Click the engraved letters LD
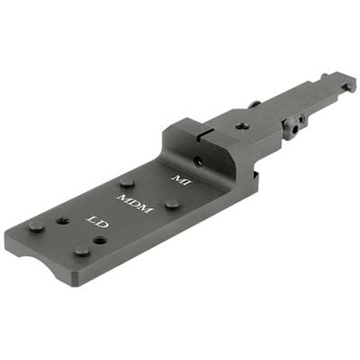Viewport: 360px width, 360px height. [98, 222]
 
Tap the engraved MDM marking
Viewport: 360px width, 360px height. [135, 204]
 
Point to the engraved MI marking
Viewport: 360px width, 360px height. [181, 181]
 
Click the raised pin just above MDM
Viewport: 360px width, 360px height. [127, 181]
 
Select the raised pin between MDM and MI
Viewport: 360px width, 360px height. [173, 204]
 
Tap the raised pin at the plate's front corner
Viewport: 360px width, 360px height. [36, 226]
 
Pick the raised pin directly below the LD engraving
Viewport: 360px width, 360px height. [82, 250]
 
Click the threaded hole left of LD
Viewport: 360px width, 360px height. [63, 220]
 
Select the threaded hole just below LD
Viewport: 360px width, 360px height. [100, 240]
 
